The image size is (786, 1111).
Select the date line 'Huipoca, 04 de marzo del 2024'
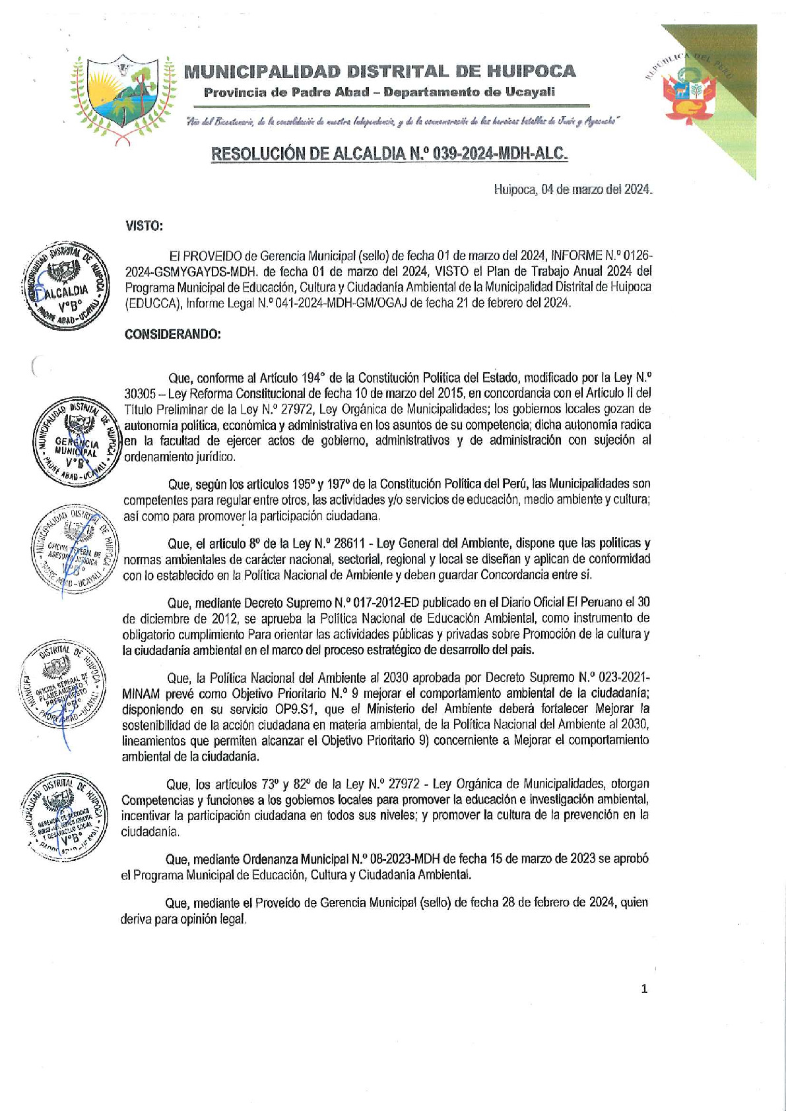click(x=573, y=189)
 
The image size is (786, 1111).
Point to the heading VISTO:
click(x=144, y=226)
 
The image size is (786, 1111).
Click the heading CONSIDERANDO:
click(x=173, y=334)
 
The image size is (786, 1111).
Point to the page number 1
click(x=644, y=988)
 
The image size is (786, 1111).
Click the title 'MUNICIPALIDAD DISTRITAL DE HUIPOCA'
click(x=379, y=71)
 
